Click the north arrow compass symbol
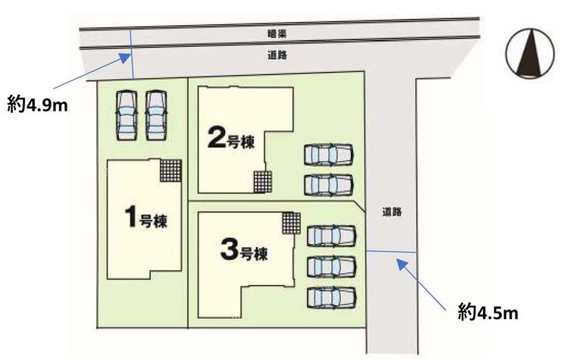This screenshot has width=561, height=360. pos(530,53)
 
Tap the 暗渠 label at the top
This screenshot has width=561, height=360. pos(277,34)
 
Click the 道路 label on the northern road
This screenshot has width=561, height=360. pos(277,55)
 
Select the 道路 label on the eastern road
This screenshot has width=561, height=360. pos(392,212)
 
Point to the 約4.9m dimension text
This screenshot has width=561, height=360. pos(37,105)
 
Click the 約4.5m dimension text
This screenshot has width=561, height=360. pos(488,313)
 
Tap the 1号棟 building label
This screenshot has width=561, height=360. pos(146,218)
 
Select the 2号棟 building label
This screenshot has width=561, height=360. pos(231,139)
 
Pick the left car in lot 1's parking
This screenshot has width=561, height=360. pos(127,115)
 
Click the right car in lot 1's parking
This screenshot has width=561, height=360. pos(156,115)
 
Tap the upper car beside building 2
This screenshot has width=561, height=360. pos(329,155)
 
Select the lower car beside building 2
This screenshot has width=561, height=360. pos(329,185)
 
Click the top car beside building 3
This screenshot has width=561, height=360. pos(331,236)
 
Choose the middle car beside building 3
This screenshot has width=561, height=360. pos(331,267)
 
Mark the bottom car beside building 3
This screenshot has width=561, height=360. pos(331,297)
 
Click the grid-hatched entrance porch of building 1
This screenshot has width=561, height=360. pos(171,171)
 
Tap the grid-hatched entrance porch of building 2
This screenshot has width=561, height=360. pos(262,182)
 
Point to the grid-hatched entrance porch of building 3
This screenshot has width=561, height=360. pos(291,223)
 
